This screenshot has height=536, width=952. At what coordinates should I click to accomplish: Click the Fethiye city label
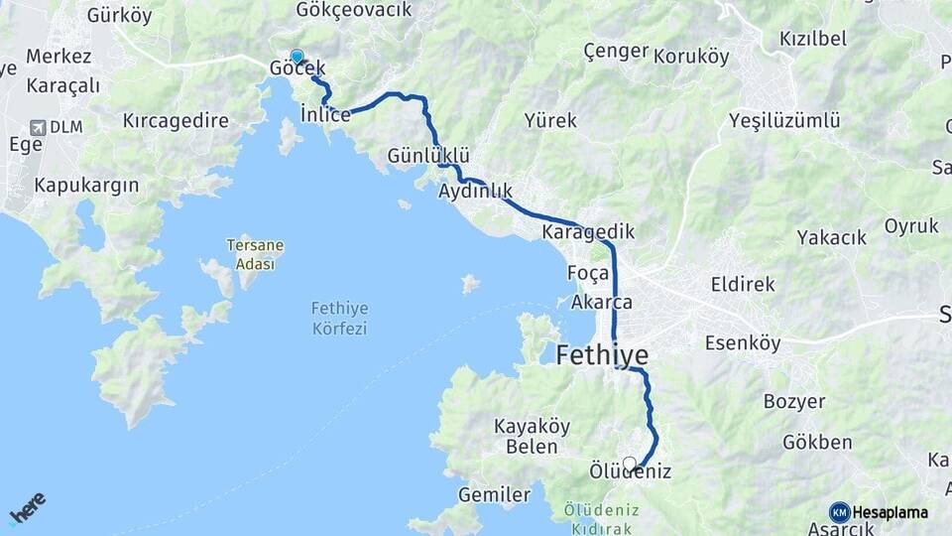tap(602, 354)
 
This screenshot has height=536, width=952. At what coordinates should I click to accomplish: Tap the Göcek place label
tap(297, 70)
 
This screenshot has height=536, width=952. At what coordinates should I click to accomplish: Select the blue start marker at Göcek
tap(297, 57)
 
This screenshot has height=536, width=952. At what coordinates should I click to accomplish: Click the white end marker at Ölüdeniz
tap(629, 464)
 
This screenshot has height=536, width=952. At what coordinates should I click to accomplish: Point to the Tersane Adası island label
tap(249, 254)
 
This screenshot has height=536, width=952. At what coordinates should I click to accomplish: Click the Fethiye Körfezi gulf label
tap(339, 319)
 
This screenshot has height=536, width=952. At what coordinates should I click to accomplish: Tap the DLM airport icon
tap(39, 127)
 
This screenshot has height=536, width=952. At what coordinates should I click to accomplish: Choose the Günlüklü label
tap(428, 157)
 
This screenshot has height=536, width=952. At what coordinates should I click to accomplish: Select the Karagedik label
tap(588, 231)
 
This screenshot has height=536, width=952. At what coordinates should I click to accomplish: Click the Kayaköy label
tap(532, 427)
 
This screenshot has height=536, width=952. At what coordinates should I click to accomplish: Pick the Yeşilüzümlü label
tap(784, 121)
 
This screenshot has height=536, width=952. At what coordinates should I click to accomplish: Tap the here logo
tap(27, 508)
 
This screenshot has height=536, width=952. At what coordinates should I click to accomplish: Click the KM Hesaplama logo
tap(879, 512)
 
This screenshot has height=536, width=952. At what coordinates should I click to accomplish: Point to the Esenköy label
tap(743, 343)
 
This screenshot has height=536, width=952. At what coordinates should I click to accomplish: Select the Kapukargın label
tap(86, 186)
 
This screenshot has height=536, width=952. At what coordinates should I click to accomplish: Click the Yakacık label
tap(832, 238)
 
